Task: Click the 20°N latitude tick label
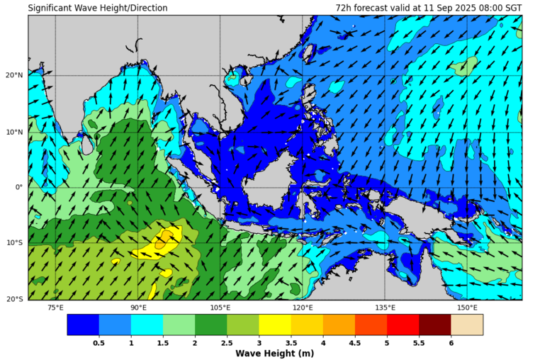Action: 14,75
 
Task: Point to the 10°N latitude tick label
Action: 14,131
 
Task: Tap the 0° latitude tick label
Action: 19,187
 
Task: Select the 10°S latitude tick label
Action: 14,243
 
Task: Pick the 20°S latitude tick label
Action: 14,299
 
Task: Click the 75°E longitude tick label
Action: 55,308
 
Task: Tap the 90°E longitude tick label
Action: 138,308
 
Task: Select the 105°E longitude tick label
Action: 220,308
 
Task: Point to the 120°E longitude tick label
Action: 303,308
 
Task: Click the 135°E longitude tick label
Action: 385,308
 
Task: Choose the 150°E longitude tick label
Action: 467,308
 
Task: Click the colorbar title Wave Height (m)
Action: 275,353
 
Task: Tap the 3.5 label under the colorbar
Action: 291,342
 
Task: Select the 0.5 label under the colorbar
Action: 99,342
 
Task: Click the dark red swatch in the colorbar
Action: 434,325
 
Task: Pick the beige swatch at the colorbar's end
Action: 466,325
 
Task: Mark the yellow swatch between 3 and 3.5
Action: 275,325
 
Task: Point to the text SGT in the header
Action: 512,8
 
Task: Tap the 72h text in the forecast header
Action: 344,8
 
